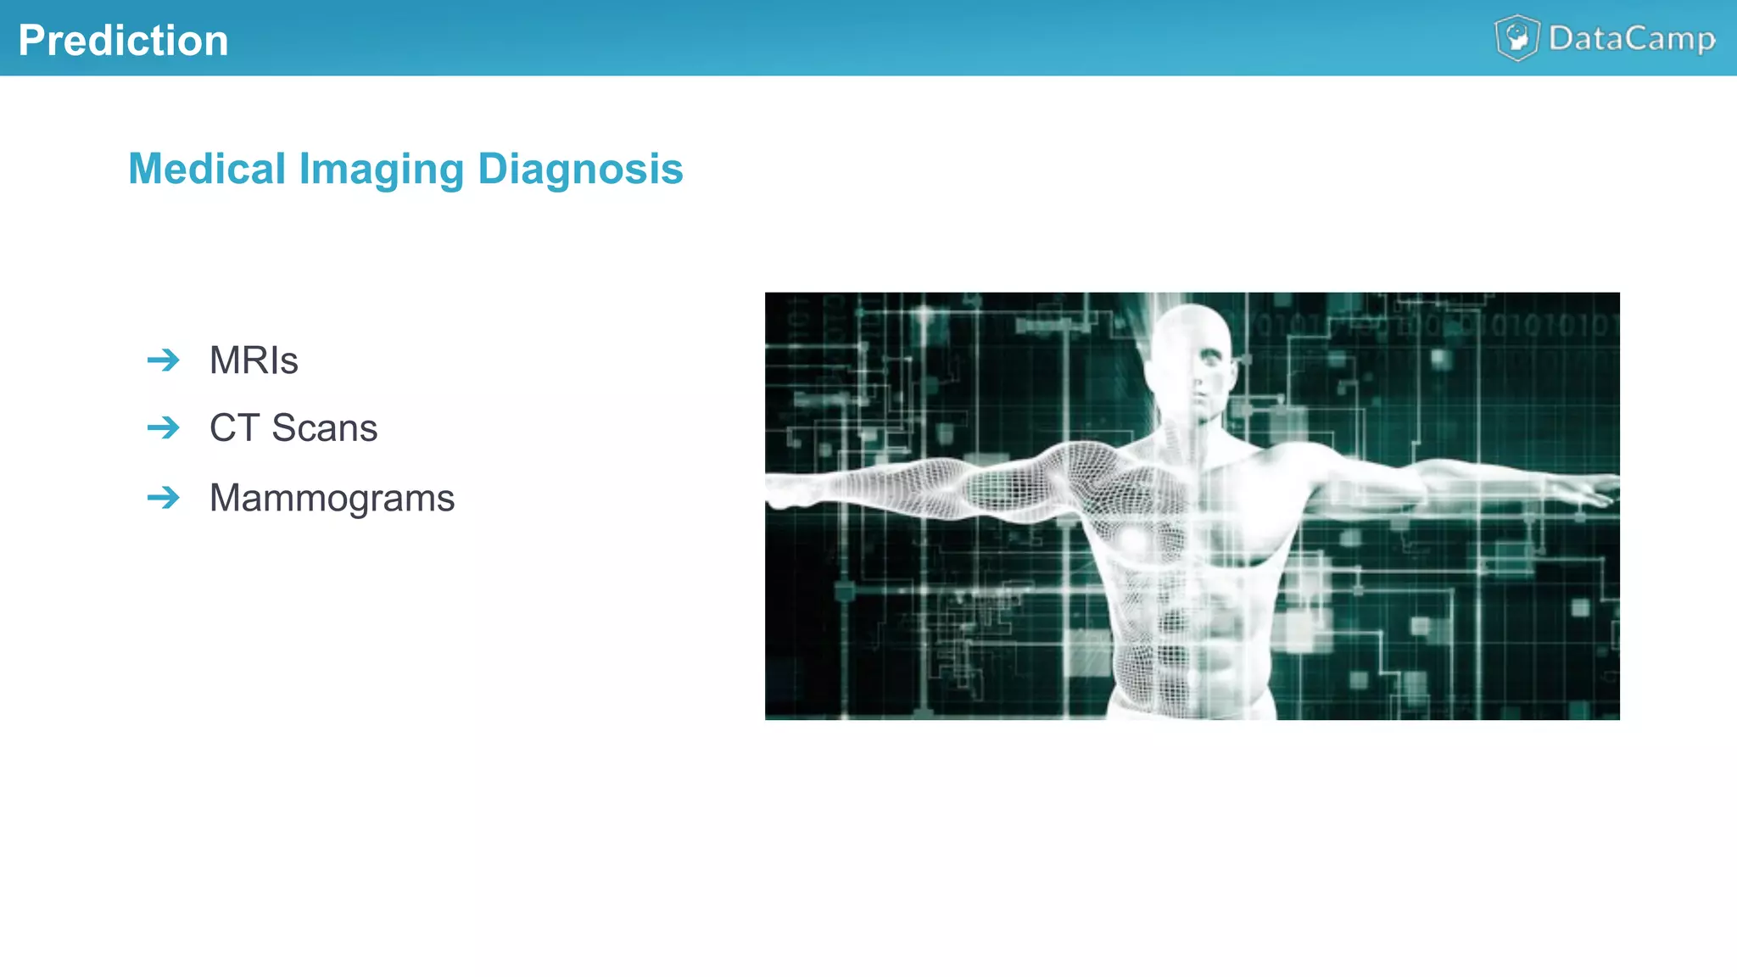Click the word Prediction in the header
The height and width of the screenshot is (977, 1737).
tap(124, 41)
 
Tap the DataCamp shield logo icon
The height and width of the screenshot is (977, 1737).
tap(1516, 38)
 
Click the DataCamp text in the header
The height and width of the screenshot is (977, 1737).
tap(1632, 39)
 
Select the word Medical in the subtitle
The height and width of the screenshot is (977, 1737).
tap(207, 169)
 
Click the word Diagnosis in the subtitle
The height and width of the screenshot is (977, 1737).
tap(580, 169)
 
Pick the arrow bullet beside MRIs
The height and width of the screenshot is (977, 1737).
tap(164, 360)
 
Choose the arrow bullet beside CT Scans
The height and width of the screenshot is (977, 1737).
tap(164, 427)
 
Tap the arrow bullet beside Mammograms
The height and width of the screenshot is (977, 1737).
tap(164, 497)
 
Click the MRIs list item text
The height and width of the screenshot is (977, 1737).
tap(254, 360)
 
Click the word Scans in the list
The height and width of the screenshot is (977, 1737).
tap(324, 427)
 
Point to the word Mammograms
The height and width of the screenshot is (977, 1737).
tap(332, 498)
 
